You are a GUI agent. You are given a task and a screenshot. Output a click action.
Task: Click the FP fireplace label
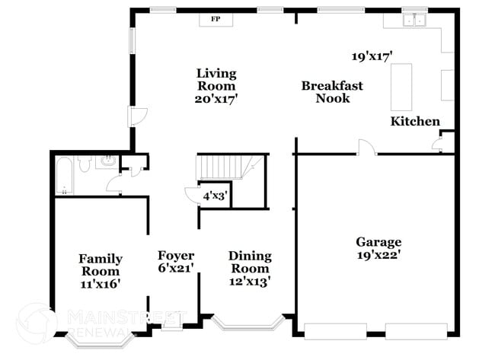[215, 19]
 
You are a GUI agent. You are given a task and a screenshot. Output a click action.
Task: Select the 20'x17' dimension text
[216, 98]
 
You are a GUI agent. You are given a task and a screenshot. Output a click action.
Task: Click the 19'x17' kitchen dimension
[372, 56]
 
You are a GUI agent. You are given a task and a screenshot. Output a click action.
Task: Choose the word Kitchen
[415, 121]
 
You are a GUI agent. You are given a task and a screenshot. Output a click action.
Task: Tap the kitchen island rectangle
[401, 87]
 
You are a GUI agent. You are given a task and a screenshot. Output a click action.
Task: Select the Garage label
[378, 242]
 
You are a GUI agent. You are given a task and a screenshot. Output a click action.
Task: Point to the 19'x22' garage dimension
[378, 255]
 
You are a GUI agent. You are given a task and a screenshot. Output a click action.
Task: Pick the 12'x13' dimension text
[250, 281]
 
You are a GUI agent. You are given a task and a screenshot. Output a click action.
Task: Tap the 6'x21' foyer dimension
[176, 268]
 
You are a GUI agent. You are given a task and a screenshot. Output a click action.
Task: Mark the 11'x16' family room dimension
[100, 283]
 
